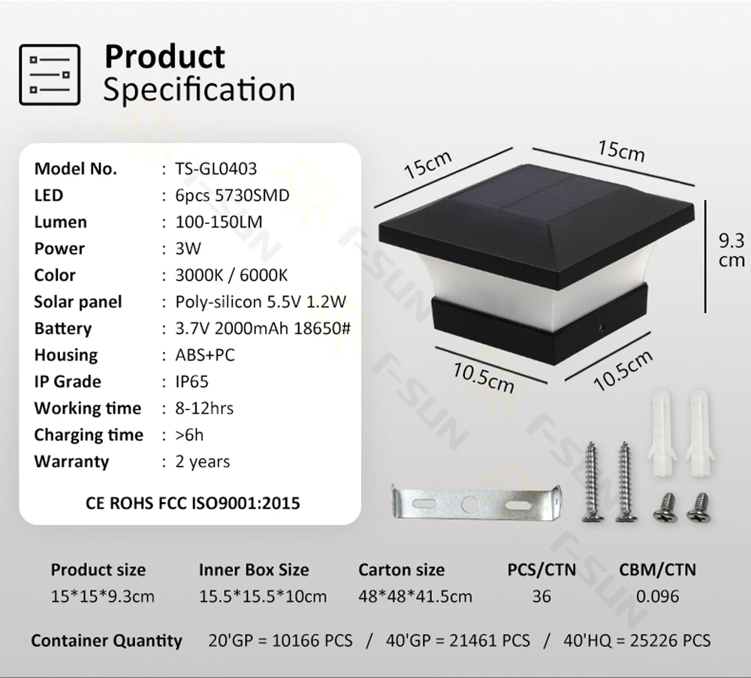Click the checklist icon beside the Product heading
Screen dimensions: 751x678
(x=50, y=74)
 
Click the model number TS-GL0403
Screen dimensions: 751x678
(x=216, y=169)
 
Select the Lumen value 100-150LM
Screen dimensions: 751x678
(x=219, y=222)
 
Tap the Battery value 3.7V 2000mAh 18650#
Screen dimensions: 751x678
(x=263, y=328)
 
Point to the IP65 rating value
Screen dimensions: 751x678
(x=192, y=381)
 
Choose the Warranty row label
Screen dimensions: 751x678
(x=71, y=462)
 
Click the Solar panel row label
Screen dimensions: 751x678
(x=78, y=302)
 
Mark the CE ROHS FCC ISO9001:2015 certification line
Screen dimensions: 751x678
(x=192, y=503)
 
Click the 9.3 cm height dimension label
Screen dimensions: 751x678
(x=731, y=250)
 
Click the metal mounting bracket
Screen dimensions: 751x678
(x=476, y=503)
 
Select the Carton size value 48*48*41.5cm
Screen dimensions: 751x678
(x=415, y=597)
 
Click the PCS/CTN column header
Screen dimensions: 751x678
(x=541, y=570)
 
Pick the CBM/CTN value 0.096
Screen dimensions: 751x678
(x=658, y=597)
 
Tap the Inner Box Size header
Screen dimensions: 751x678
(x=254, y=570)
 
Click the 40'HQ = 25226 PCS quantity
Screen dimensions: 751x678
(x=637, y=640)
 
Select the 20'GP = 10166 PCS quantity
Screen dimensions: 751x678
(x=280, y=640)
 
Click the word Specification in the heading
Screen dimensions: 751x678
(x=199, y=89)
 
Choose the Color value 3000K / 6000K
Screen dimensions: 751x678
(x=231, y=276)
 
